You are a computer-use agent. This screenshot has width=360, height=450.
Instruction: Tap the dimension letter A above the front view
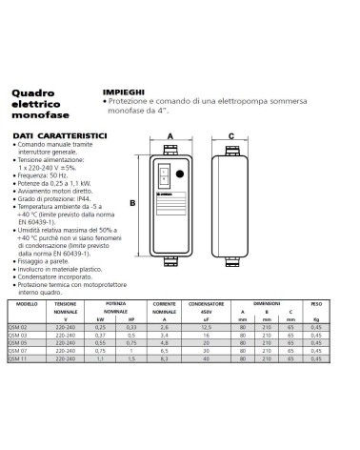coord(170,135)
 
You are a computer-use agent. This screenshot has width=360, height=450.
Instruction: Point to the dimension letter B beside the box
coord(132,203)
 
